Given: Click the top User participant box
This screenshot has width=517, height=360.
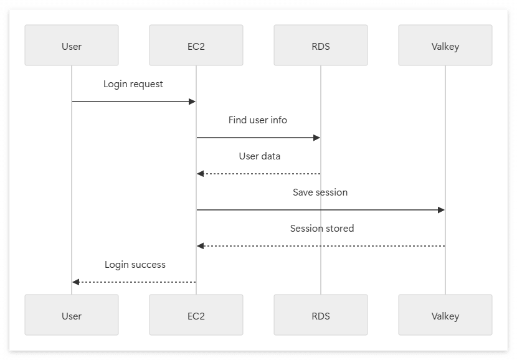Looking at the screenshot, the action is (72, 45).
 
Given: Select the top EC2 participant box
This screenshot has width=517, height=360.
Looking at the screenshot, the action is (196, 45).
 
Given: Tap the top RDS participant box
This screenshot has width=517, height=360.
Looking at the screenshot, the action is (321, 45).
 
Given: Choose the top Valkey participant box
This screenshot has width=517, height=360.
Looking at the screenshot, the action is (445, 45).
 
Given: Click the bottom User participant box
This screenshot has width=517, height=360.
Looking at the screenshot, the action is (72, 315).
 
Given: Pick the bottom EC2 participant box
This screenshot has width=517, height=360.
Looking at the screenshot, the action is (196, 315).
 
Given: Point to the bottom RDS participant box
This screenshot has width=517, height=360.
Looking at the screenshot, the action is (321, 315).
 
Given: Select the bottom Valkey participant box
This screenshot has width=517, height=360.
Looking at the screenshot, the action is (445, 315).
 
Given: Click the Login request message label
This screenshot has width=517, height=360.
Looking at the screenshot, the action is (133, 84).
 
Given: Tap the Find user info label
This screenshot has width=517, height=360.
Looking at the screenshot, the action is (258, 120).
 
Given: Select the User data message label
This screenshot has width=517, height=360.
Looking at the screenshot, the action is (260, 156).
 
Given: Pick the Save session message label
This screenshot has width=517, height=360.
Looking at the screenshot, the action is (320, 192).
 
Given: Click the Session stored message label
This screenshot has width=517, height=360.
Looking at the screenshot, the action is (322, 228).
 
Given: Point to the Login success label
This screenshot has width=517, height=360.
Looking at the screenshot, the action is (135, 265).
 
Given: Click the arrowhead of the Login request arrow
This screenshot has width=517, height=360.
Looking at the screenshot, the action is (192, 102).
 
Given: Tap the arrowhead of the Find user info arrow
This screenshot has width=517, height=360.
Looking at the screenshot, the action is (317, 138).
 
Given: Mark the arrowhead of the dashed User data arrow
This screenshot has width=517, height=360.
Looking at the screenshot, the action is (200, 174).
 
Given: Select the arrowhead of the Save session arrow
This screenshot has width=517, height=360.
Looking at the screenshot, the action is (442, 210).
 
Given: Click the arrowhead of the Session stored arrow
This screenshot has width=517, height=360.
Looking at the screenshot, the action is (200, 246).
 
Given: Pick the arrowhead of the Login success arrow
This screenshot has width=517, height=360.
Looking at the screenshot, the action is (75, 282).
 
